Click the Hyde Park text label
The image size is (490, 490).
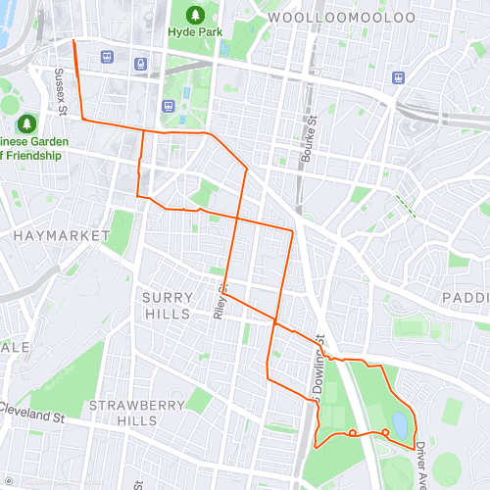pos(195,32)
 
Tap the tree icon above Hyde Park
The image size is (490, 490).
pos(195,15)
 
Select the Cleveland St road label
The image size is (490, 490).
pos(31,416)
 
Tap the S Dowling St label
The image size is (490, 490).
pos(318,367)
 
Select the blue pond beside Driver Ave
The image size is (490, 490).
pos(399,423)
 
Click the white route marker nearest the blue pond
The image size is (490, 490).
pos(385,432)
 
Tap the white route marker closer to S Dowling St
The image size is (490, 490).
pos(352,432)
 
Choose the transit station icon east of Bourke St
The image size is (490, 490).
pos(398,76)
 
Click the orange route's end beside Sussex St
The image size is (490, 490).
pos(73,41)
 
